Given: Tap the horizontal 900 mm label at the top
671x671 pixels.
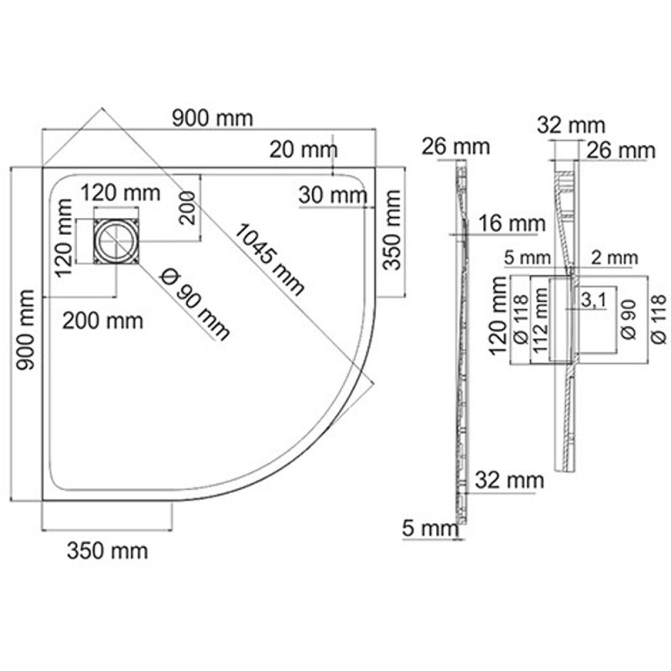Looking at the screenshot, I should (x=211, y=118).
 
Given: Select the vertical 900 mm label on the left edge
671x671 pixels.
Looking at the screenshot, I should (x=26, y=330).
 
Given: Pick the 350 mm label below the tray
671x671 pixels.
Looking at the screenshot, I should (x=107, y=551).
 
